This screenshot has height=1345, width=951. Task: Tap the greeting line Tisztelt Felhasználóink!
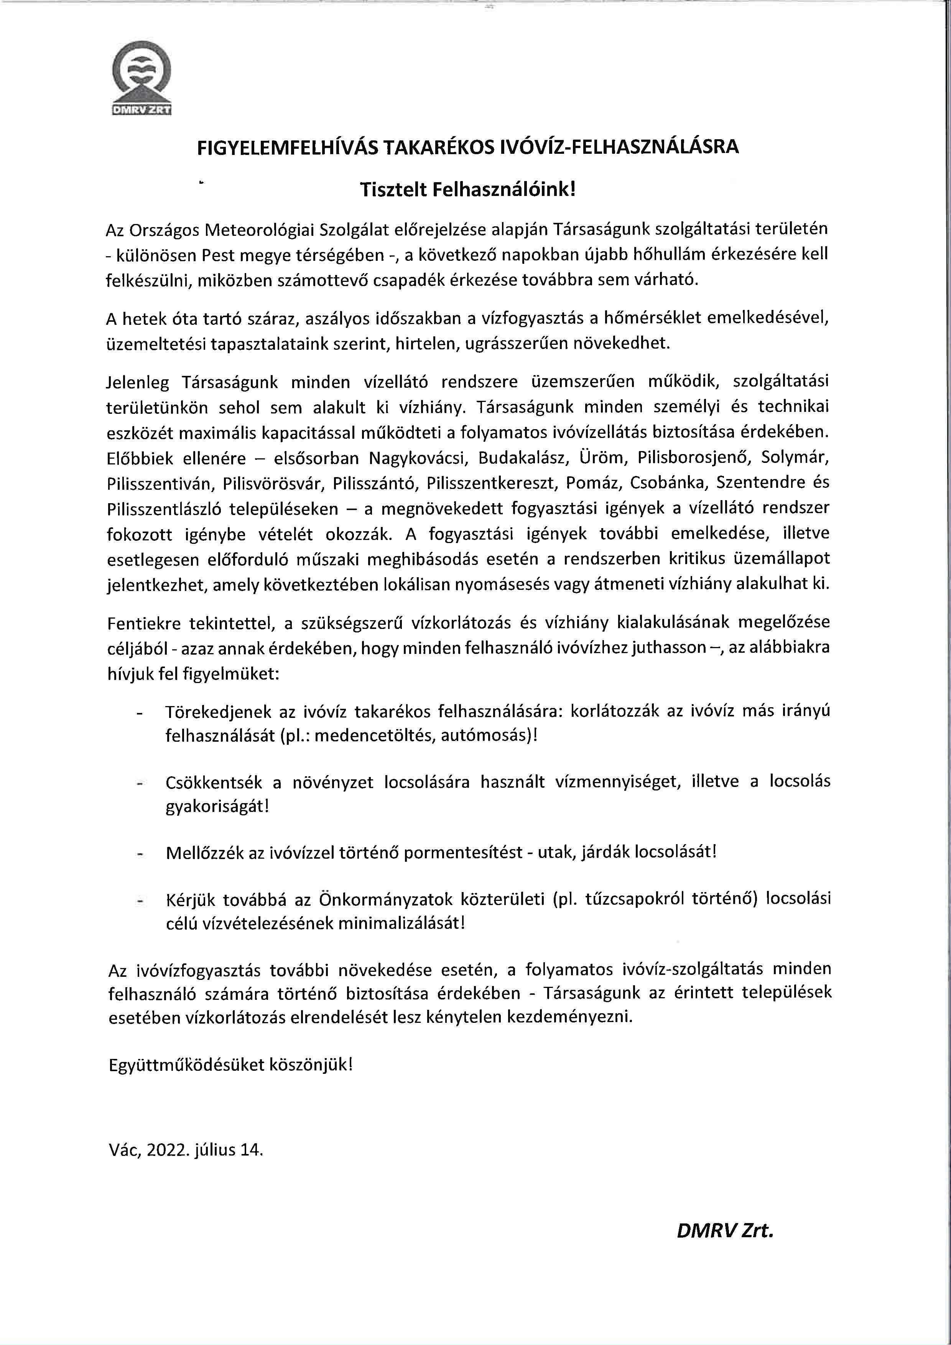(468, 190)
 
